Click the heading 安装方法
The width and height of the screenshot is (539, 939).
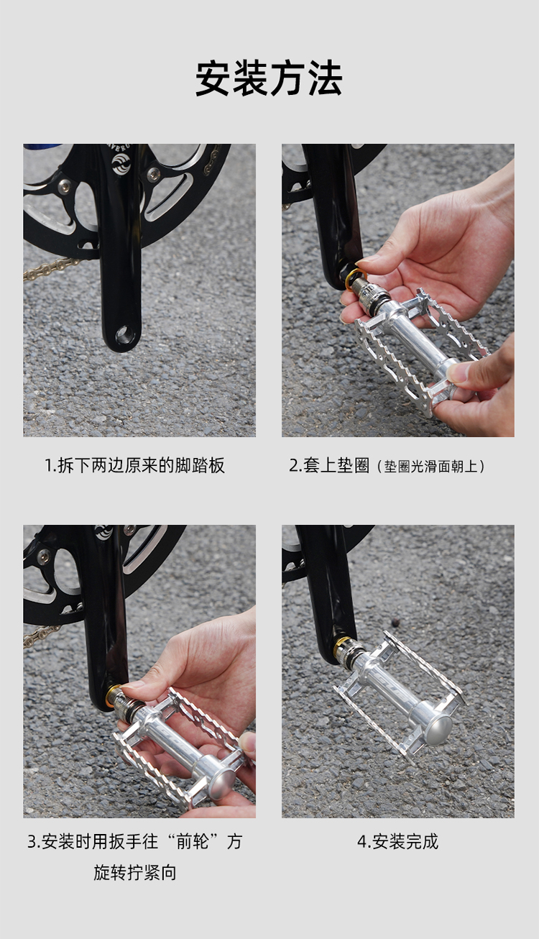(x=269, y=78)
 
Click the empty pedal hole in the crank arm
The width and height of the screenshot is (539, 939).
(x=125, y=334)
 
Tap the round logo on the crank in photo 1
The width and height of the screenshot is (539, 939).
(x=121, y=164)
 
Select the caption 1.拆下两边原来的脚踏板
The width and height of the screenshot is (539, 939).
(x=134, y=465)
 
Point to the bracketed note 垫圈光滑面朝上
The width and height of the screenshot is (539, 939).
(x=431, y=466)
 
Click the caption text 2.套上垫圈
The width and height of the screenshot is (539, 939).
(x=329, y=465)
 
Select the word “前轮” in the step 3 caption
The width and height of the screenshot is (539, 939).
(x=193, y=842)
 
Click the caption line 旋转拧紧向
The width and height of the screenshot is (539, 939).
(x=134, y=872)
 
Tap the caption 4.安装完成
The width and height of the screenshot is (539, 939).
(x=397, y=842)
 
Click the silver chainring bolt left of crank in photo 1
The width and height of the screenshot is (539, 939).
(x=64, y=186)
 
